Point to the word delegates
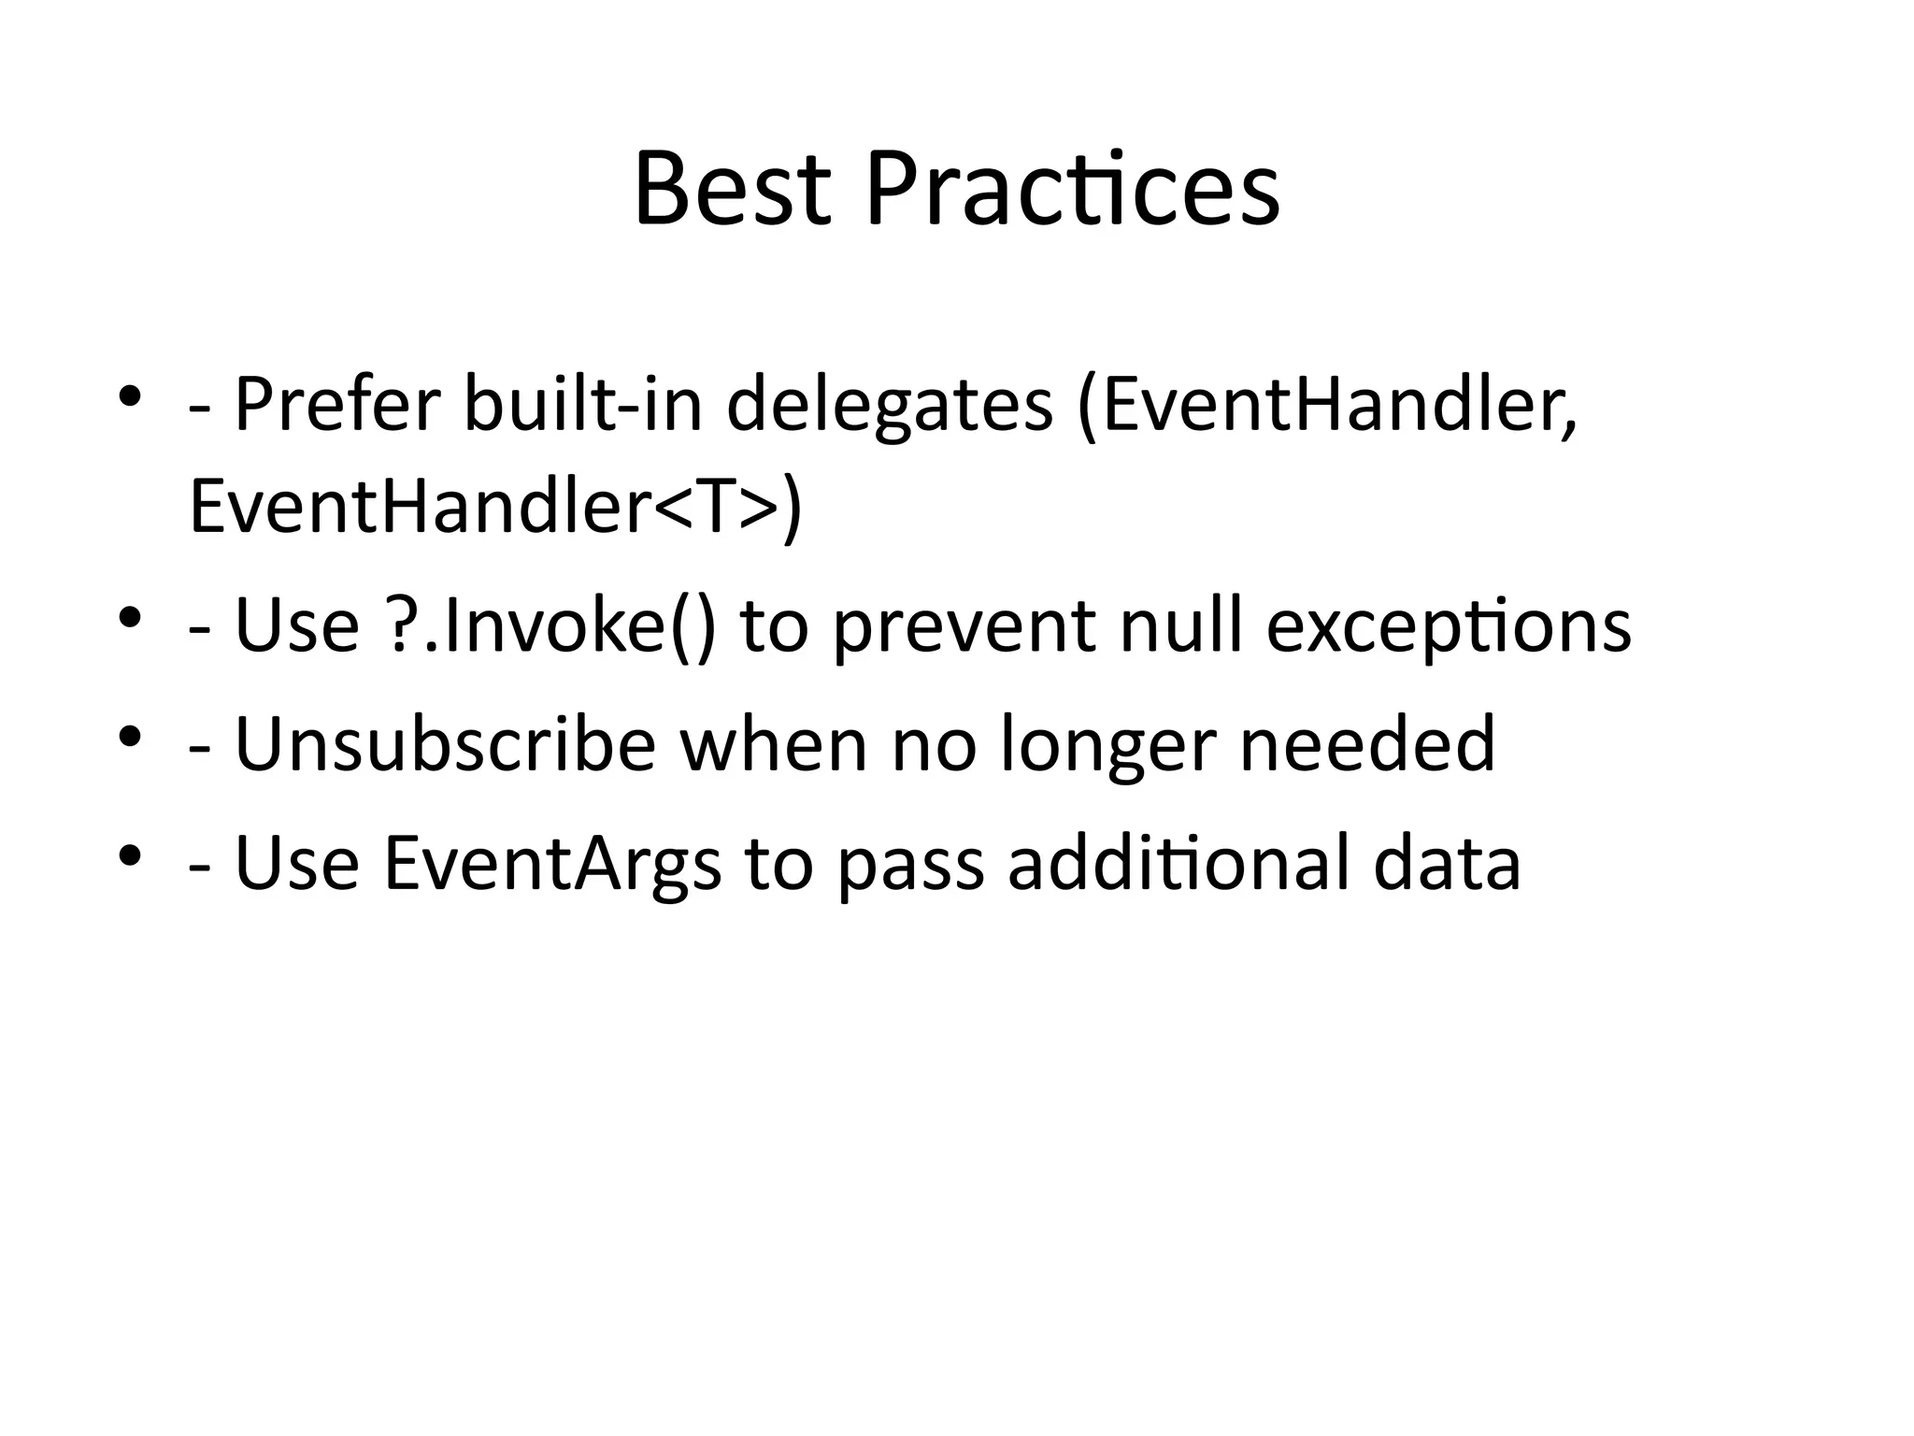point(889,404)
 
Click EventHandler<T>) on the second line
point(495,508)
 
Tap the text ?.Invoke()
point(550,625)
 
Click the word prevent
point(964,625)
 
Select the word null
point(1182,625)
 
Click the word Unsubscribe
point(446,744)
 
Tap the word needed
point(1367,744)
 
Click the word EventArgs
point(552,863)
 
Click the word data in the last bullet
point(1447,863)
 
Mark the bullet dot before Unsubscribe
point(130,737)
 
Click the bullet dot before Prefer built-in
point(130,396)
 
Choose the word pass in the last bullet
point(911,863)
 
